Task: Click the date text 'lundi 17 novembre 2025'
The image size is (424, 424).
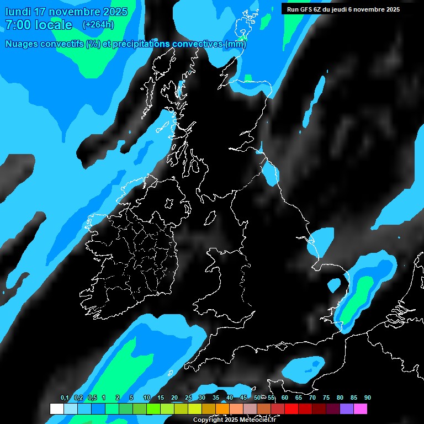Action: click(66, 12)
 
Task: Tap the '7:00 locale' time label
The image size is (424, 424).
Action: click(39, 25)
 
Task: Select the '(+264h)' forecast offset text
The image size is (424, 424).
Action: click(99, 25)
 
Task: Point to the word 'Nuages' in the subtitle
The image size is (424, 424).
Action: click(22, 44)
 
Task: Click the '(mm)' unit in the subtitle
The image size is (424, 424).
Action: click(235, 44)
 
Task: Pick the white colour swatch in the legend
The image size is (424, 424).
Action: click(57, 409)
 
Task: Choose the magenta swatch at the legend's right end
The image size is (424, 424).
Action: click(361, 409)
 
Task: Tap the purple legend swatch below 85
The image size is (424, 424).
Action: click(347, 409)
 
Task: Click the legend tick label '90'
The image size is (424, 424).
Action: click(368, 397)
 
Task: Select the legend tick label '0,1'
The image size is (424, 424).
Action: click(64, 397)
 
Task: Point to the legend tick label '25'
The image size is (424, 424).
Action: click(188, 397)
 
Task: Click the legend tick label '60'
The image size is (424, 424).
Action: click(285, 397)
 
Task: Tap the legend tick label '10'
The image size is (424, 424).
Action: click(147, 397)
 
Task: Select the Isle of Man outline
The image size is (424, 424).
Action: click(210, 219)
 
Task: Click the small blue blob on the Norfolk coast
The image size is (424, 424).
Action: click(334, 285)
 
